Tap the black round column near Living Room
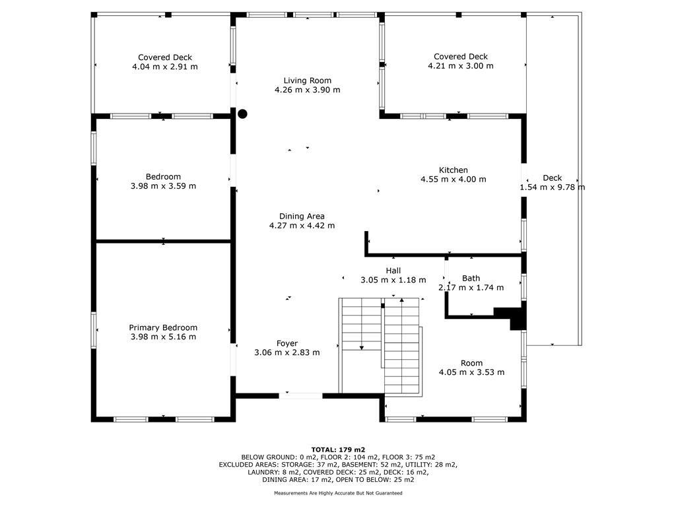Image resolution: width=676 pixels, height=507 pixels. tap(242, 114)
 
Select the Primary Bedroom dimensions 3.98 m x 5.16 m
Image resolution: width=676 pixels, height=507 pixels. tap(163, 337)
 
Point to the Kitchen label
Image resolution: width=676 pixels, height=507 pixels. tap(453, 170)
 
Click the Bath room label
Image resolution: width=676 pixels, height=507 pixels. tap(471, 278)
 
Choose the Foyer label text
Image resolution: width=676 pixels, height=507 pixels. tap(287, 343)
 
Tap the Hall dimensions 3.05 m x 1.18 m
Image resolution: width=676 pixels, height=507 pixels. tap(393, 280)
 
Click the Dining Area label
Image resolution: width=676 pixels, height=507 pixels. tap(302, 216)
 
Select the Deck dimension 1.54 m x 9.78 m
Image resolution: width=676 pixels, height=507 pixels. tap(553, 187)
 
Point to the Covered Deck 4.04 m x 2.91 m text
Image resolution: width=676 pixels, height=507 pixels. tap(164, 67)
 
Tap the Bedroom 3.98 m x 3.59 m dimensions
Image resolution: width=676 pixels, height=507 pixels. tap(163, 186)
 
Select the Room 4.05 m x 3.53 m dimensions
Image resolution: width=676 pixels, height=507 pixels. tap(471, 372)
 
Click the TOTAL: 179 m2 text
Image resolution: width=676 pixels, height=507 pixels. tap(337, 450)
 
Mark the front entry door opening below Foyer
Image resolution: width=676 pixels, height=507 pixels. tap(300, 395)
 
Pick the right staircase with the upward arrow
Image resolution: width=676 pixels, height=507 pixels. tap(403, 347)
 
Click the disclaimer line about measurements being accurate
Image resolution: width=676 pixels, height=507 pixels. tap(337, 492)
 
